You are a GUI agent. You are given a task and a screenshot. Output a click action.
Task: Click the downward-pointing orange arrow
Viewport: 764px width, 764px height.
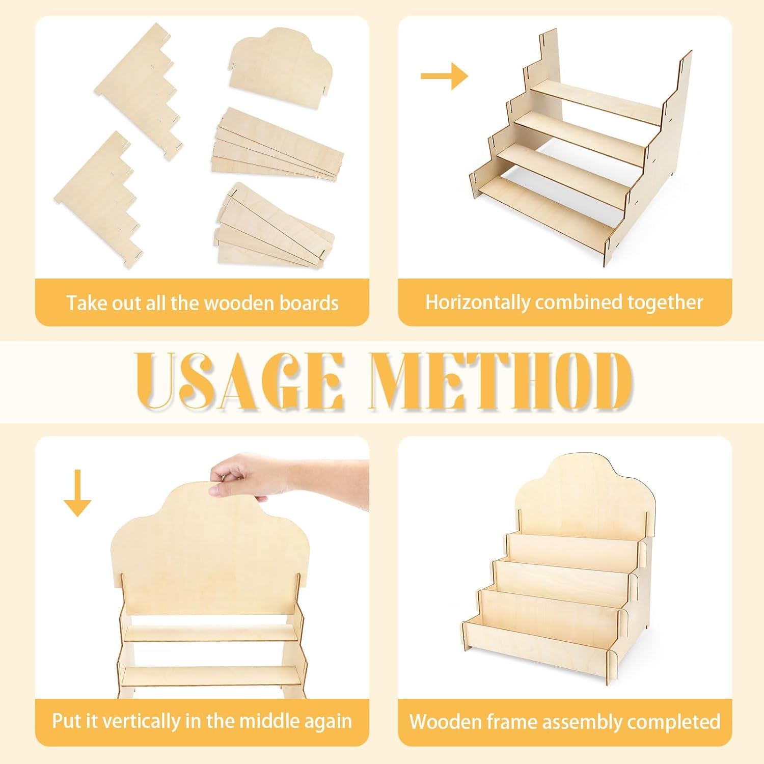(77, 493)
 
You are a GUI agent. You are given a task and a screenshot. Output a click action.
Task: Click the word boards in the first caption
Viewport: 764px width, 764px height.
(309, 303)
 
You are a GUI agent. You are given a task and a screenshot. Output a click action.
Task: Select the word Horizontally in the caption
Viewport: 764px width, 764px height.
(477, 303)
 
